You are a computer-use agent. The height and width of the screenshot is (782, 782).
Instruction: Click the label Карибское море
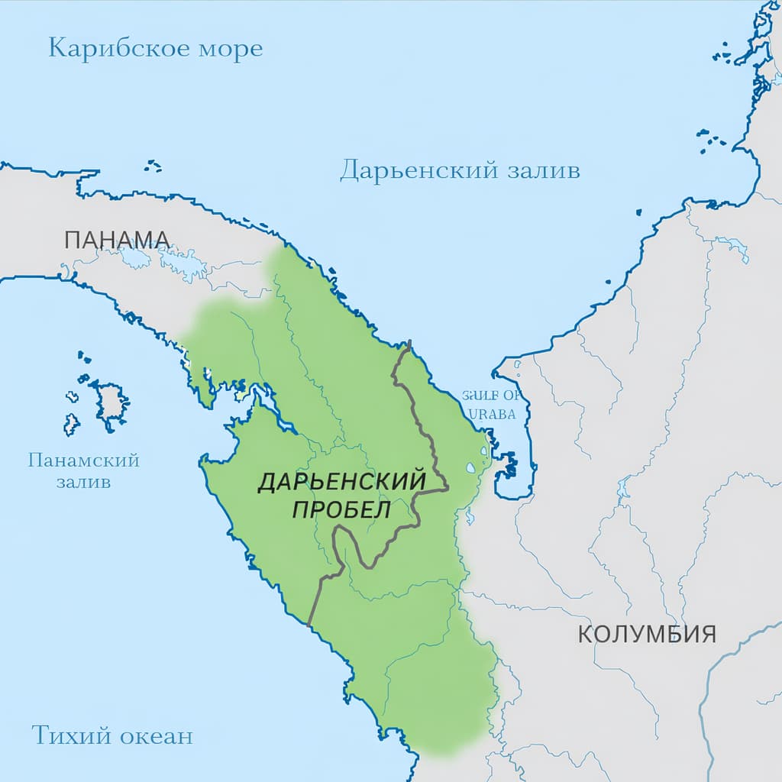pos(155,49)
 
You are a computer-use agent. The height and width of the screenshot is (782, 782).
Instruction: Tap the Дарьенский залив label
pos(460,170)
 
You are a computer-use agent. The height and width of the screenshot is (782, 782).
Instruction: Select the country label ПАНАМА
pos(117,239)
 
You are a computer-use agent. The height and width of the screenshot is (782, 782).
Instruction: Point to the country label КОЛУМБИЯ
pos(646,634)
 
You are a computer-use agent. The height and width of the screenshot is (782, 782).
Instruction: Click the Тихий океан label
pos(112,735)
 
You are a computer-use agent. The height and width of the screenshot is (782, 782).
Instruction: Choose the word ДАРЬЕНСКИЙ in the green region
pos(341,482)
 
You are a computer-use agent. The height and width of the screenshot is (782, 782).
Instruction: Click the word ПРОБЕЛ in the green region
pos(341,509)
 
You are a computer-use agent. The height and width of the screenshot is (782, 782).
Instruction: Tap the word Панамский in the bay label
pos(83,460)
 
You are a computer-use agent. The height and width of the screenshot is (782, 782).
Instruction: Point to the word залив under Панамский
pos(83,482)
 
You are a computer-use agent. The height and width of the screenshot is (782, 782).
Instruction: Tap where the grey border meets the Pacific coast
pos(309,625)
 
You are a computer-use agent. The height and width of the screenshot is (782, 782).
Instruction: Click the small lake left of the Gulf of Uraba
pos(470,468)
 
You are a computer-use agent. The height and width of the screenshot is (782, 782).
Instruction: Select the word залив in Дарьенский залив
pos(544,170)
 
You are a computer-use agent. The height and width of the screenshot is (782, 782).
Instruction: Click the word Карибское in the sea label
pos(116,49)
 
